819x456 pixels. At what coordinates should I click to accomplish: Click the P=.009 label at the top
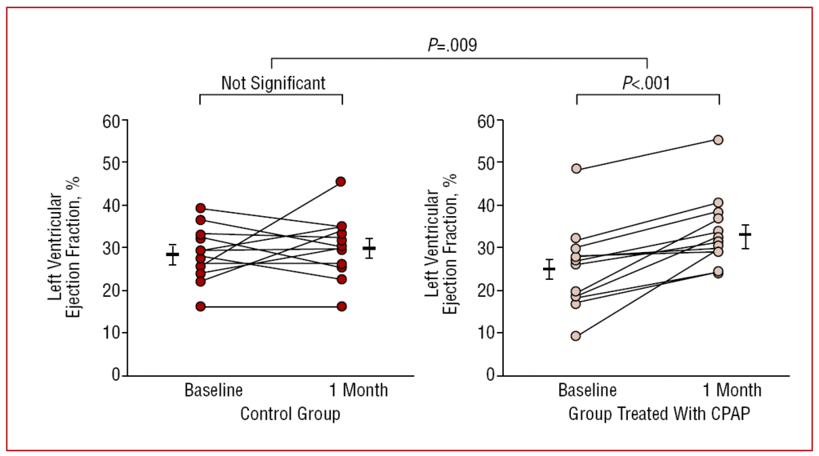click(x=452, y=45)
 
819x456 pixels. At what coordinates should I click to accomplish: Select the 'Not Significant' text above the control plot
click(x=274, y=82)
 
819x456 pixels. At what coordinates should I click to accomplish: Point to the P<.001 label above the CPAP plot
click(x=646, y=82)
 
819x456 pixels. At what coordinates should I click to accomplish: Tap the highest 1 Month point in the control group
click(x=342, y=182)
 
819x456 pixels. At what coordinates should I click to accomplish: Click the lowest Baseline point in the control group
click(x=200, y=306)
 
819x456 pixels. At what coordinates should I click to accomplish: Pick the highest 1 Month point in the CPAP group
click(x=718, y=140)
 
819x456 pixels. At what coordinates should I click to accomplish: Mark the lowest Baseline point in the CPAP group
click(x=576, y=336)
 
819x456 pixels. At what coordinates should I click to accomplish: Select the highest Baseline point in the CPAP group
click(x=576, y=169)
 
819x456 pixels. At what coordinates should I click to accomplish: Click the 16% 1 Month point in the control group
click(x=342, y=306)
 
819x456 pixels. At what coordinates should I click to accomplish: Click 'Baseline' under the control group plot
click(x=214, y=391)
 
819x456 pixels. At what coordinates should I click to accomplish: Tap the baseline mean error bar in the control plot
click(x=172, y=254)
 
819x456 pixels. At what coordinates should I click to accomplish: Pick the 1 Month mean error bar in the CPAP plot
click(x=745, y=236)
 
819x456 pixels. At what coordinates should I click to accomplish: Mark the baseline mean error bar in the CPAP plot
click(x=549, y=269)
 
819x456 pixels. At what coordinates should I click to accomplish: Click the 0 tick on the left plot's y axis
click(x=118, y=374)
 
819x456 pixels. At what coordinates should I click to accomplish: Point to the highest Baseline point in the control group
click(x=200, y=208)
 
